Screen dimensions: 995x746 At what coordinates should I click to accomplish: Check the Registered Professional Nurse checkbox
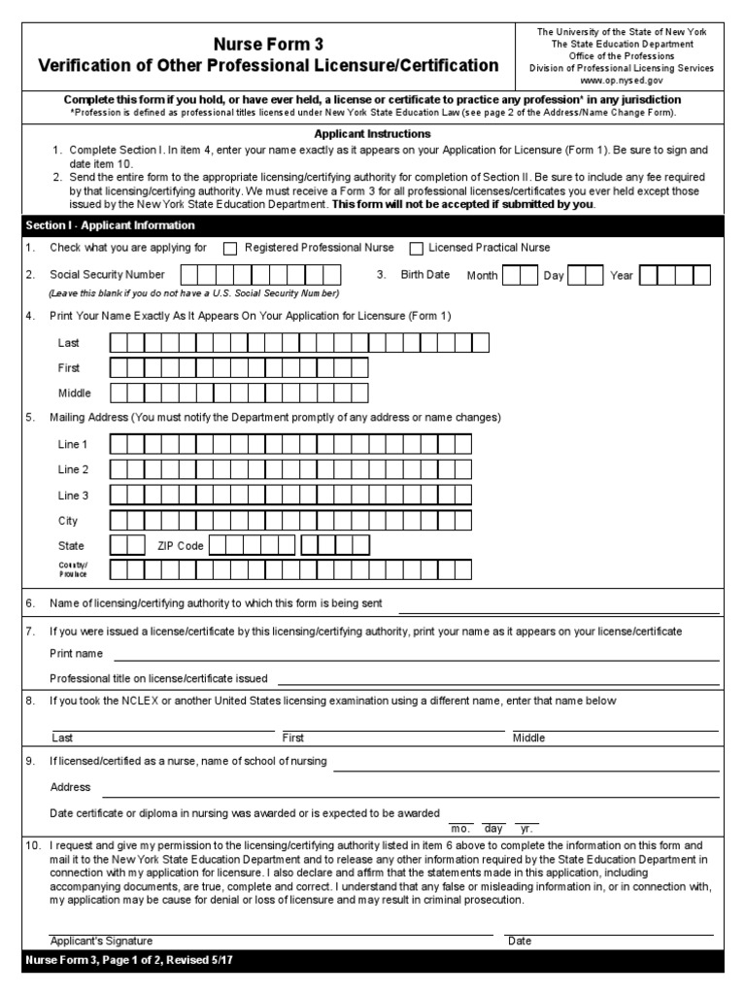point(230,249)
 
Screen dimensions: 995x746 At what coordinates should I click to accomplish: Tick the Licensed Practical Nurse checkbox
point(416,249)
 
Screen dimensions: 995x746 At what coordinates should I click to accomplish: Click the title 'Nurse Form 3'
point(268,45)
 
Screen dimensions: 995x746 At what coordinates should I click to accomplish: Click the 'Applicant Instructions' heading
point(372,134)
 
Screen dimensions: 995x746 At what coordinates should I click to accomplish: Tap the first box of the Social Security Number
point(190,275)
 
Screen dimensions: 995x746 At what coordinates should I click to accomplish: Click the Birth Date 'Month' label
point(482,276)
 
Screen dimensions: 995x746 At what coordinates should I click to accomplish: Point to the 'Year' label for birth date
point(622,276)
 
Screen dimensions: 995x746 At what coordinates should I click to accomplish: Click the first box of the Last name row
point(119,342)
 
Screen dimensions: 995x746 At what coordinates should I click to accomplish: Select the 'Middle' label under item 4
point(75,394)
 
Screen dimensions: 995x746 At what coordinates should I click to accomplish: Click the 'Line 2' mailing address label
point(73,469)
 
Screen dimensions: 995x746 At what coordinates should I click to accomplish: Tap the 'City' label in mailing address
point(68,521)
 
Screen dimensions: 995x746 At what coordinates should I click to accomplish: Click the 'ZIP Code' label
point(181,546)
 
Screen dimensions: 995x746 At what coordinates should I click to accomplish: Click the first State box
point(119,545)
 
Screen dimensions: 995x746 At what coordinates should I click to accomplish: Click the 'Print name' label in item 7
point(77,654)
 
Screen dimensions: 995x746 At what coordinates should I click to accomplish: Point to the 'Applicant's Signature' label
point(101,941)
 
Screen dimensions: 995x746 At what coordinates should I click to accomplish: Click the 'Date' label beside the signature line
point(520,941)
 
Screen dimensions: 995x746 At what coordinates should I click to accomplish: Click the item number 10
point(32,846)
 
